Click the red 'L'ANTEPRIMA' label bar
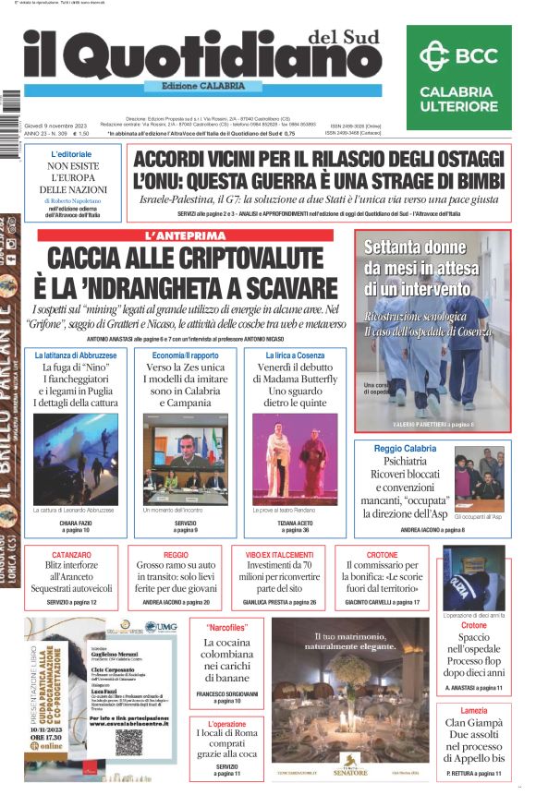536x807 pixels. [x=185, y=235]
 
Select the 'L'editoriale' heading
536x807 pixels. [x=71, y=153]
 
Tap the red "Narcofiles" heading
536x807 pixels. [x=223, y=627]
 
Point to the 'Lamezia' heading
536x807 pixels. [x=473, y=710]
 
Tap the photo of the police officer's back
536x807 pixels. [x=473, y=578]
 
